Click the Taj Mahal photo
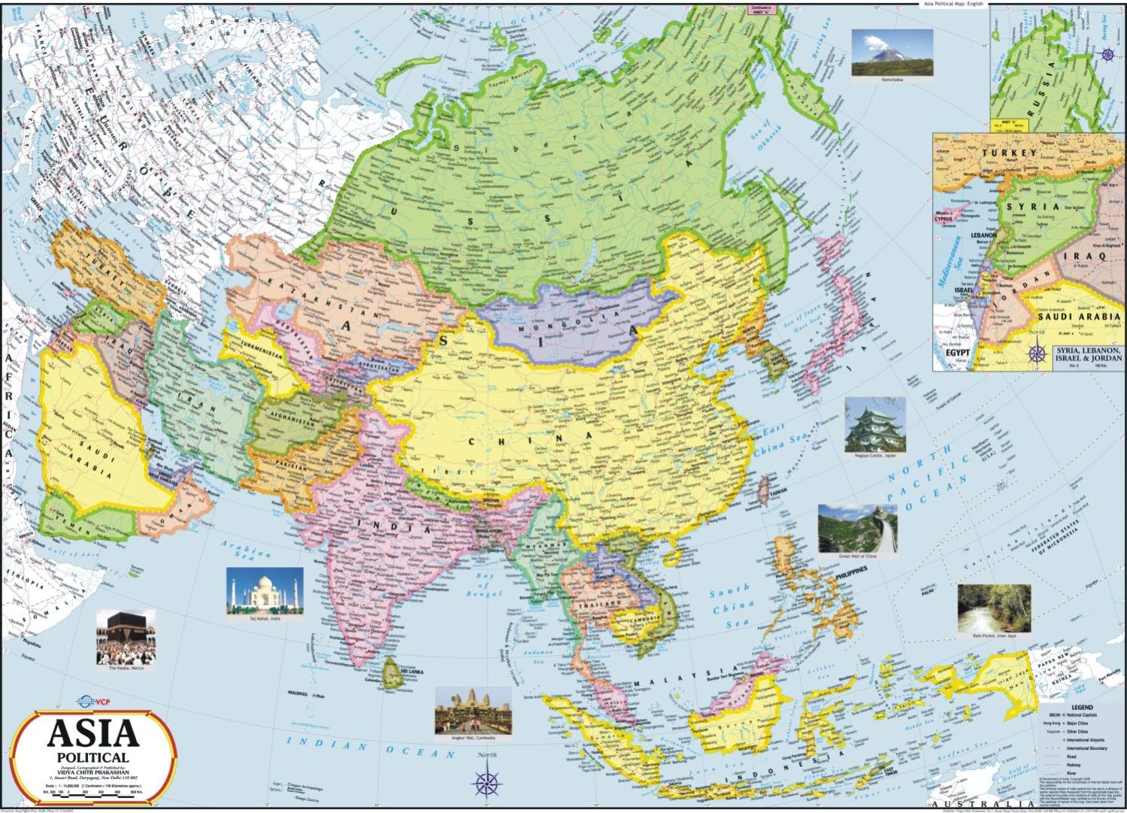coord(265,590)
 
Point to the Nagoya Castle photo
coord(875,425)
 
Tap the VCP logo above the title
coord(87,702)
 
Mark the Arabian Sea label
coord(244,557)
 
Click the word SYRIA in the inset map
coord(1034,206)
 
